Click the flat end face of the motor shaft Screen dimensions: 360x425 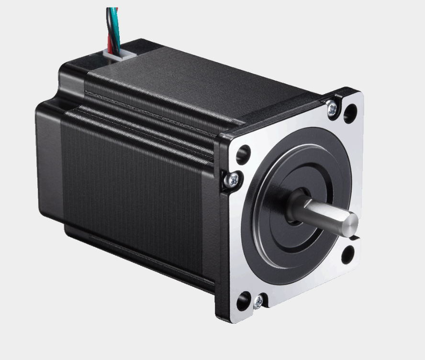coord(352,222)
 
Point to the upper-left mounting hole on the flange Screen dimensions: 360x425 coord(243,154)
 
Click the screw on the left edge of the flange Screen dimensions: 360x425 coord(233,180)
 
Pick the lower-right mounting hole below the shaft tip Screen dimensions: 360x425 coord(348,254)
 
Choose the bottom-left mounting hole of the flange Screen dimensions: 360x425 coord(243,301)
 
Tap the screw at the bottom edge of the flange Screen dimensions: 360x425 coord(258,301)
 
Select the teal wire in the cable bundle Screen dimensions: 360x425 coord(112,24)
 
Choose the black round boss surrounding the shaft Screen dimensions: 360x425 coord(268,229)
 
